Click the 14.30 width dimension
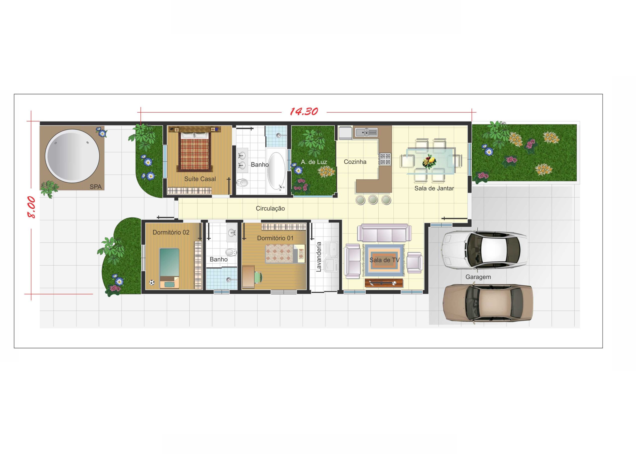[304, 112]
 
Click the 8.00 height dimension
[31, 207]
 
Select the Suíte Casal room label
[200, 179]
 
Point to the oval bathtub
[276, 171]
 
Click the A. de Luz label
[314, 162]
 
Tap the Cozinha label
[355, 162]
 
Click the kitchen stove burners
[385, 159]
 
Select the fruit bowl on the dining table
[429, 161]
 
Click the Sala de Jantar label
[434, 188]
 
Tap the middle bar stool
[373, 200]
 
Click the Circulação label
[270, 209]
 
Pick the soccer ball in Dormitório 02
[152, 283]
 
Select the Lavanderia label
[319, 257]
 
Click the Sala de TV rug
[384, 260]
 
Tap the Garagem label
[478, 277]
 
